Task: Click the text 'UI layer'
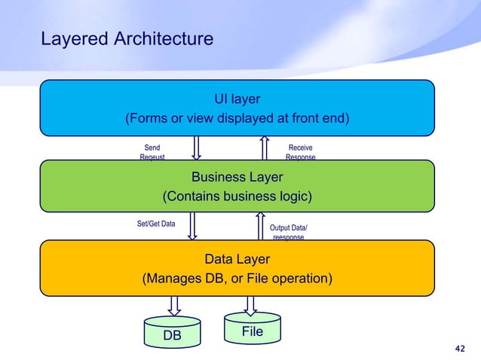coord(237,99)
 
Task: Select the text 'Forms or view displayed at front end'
coord(237,119)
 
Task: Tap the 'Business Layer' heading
coord(237,177)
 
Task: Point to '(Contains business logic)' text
coord(237,197)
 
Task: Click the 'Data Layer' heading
coord(237,259)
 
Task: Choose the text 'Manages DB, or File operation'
coord(237,279)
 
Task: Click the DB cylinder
coord(173,334)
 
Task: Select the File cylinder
coord(251,330)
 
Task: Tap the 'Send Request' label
coord(152,153)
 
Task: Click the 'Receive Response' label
coord(300,153)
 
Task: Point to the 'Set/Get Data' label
coord(156,224)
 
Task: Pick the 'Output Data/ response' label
coord(288,232)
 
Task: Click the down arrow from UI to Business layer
coord(196,148)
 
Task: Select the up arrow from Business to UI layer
coord(265,148)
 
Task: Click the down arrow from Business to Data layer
coord(192,226)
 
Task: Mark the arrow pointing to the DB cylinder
coord(174,305)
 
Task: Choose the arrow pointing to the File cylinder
coord(250,304)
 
